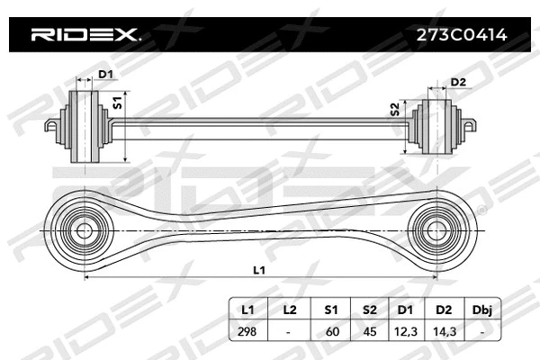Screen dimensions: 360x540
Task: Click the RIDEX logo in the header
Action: coord(85,36)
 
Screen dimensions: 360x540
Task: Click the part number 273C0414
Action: coord(458,36)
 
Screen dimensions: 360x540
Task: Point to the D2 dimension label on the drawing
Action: coord(457,83)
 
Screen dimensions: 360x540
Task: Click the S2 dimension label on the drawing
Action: coord(394,109)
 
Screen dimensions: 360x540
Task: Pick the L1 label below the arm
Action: coord(259,269)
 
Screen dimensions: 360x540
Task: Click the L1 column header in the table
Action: coord(247,310)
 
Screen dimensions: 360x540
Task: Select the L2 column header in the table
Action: coord(289,310)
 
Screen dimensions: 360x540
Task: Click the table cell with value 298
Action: coord(247,331)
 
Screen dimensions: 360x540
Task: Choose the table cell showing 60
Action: coord(331,331)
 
